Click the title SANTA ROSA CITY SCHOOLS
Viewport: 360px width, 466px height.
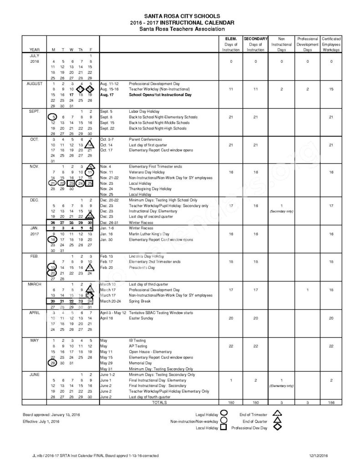[181, 15]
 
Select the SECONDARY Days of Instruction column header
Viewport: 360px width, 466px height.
[255, 44]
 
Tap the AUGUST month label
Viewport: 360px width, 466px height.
[35, 84]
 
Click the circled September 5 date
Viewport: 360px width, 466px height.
[54, 117]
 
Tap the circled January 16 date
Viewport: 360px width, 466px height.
[53, 239]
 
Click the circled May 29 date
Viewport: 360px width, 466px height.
[53, 363]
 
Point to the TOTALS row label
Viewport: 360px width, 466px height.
[159, 402]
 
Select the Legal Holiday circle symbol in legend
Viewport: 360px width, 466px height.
[224, 414]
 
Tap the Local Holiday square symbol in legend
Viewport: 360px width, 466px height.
[224, 427]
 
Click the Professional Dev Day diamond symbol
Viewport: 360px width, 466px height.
[276, 427]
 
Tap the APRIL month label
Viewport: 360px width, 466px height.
[35, 313]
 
